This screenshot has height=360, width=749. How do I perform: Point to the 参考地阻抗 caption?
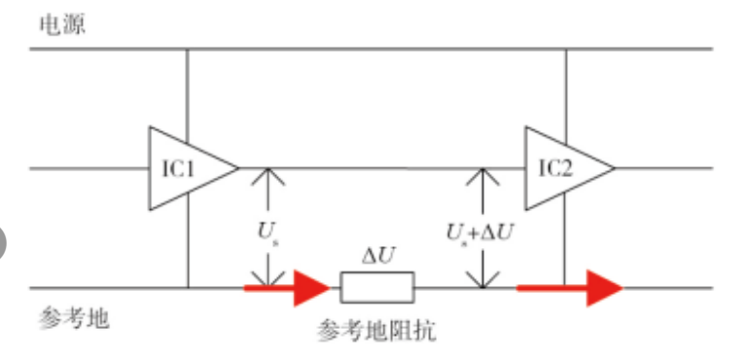[x=376, y=331]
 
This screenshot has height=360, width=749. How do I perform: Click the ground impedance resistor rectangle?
[x=377, y=288]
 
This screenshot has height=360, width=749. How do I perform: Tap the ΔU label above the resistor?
[x=377, y=258]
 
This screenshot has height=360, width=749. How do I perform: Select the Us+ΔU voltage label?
[x=480, y=233]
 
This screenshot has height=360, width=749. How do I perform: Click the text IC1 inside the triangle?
[x=179, y=167]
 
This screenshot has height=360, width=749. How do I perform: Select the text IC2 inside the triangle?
[x=555, y=167]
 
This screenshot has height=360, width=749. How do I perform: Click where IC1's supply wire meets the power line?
[x=187, y=49]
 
